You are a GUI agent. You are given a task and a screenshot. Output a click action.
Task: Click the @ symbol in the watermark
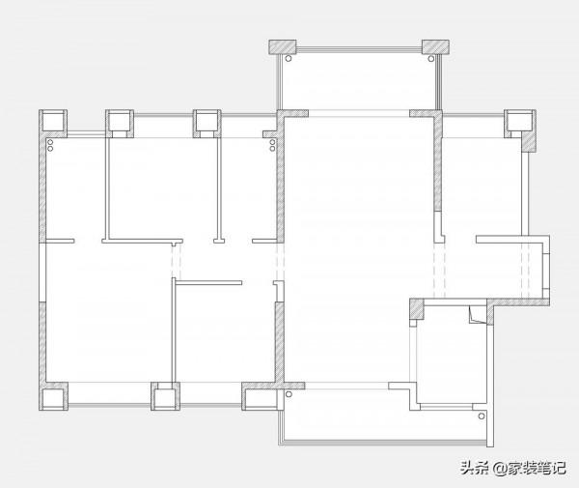coord(499,469)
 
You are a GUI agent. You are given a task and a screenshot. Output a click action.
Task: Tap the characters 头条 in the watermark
coord(475,469)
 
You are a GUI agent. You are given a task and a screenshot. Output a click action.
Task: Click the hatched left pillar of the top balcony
coord(283,46)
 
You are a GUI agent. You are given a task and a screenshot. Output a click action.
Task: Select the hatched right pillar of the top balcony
coord(436,46)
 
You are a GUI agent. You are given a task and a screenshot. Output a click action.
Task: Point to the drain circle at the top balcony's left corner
coord(289,58)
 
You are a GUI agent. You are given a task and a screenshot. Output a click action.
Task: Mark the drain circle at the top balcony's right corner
coord(431,58)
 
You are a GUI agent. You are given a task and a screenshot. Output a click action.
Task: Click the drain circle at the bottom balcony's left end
coord(289,394)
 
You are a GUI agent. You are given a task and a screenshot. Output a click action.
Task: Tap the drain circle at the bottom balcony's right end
coord(482,416)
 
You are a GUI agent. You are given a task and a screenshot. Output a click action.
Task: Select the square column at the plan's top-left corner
coord(53,122)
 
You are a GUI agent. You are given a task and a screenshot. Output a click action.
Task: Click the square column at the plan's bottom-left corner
coord(53,397)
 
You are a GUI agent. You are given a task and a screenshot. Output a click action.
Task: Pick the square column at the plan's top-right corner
coord(520,123)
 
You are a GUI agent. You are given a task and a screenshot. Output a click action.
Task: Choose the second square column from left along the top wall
coord(120,124)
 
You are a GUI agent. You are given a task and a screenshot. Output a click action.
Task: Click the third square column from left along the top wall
coord(207,124)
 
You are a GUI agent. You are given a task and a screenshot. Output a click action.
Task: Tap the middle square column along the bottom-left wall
coord(165,396)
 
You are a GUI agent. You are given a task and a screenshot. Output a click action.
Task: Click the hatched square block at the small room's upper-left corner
coord(417,308)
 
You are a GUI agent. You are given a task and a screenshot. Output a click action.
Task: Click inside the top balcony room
coord(360,81)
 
